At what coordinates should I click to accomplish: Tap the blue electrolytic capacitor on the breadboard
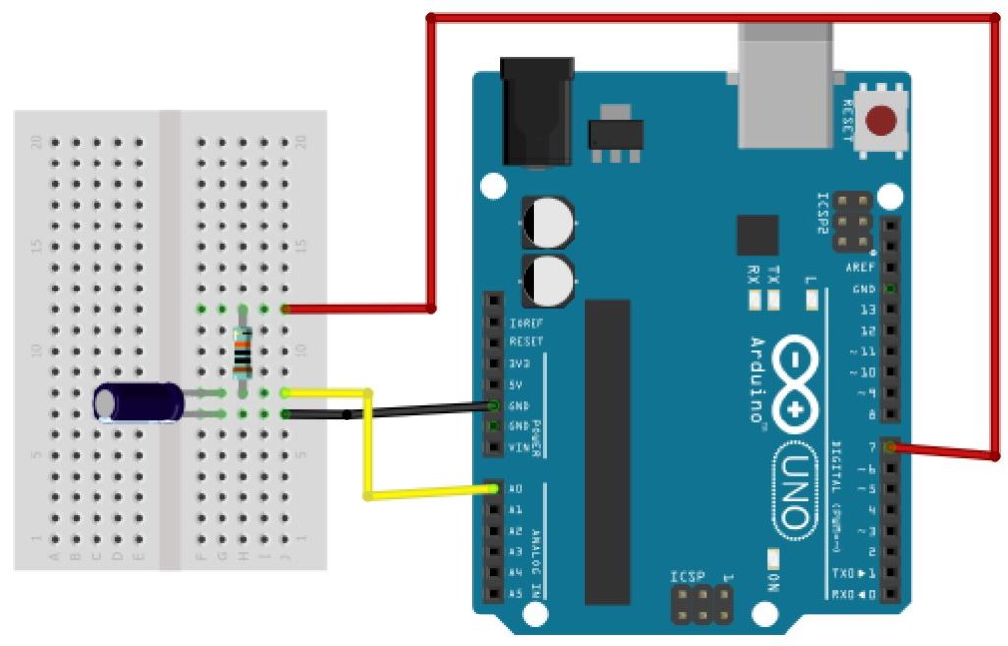click(x=139, y=403)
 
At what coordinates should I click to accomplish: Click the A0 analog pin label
click(x=515, y=489)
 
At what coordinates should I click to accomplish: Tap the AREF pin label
click(x=860, y=268)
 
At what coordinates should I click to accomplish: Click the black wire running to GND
click(x=413, y=410)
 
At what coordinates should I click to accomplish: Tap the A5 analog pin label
click(x=515, y=594)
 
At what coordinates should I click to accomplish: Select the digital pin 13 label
click(x=867, y=309)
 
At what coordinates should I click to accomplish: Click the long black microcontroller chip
click(x=606, y=451)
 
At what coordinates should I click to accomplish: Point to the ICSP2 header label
click(x=825, y=210)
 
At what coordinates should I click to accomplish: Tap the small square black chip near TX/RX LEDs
click(x=757, y=234)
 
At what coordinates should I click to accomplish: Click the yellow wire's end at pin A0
click(x=491, y=489)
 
